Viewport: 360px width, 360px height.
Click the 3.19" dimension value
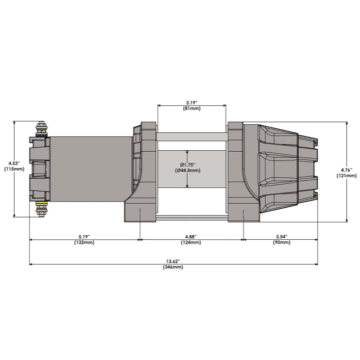pyautogui.click(x=191, y=103)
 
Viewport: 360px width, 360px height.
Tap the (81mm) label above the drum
pyautogui.click(x=191, y=108)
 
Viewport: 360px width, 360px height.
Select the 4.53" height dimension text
pyautogui.click(x=14, y=163)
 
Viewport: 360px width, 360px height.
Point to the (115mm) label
pyautogui.click(x=14, y=169)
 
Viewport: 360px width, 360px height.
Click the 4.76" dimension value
pyautogui.click(x=346, y=170)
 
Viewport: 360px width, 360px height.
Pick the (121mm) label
pyautogui.click(x=347, y=176)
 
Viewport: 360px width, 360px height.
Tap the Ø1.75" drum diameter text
pyautogui.click(x=187, y=164)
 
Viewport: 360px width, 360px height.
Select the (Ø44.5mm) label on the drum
pyautogui.click(x=187, y=171)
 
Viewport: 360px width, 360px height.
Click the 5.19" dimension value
pyautogui.click(x=84, y=236)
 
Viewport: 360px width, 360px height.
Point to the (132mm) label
pyautogui.click(x=84, y=242)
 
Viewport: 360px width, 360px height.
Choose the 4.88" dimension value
pyautogui.click(x=191, y=236)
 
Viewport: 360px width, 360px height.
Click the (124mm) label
pyautogui.click(x=191, y=242)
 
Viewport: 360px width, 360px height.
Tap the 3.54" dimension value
pyautogui.click(x=282, y=236)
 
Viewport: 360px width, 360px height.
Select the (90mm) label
pyautogui.click(x=282, y=242)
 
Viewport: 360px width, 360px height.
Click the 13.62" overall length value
pyautogui.click(x=173, y=261)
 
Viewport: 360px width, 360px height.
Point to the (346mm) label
pyautogui.click(x=173, y=267)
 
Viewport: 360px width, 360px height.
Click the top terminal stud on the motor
pyautogui.click(x=41, y=129)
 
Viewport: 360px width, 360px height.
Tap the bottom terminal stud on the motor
pyautogui.click(x=41, y=209)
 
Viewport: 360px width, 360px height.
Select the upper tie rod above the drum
pyautogui.click(x=192, y=136)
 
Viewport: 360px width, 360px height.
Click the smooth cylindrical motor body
pyautogui.click(x=91, y=169)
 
